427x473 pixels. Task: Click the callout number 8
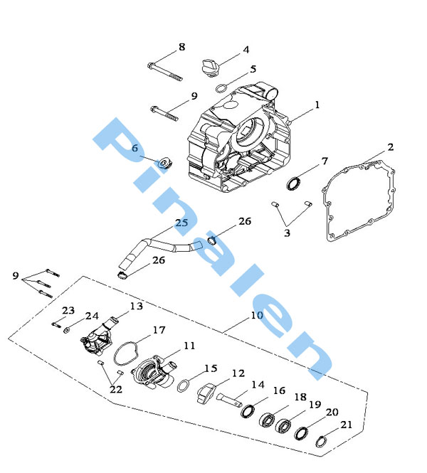coord(181,47)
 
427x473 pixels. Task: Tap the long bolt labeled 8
coord(165,72)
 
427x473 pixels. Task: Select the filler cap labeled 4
coord(211,68)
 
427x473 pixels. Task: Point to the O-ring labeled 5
coord(221,88)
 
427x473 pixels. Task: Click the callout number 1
coord(317,105)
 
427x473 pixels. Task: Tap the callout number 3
coord(287,233)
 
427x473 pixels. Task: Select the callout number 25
coord(181,223)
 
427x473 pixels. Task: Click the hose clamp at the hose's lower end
coord(122,275)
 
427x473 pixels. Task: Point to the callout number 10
coord(257,316)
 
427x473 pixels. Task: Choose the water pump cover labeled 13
coord(97,338)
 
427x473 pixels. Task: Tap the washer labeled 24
coord(66,330)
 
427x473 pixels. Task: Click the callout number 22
coord(116,390)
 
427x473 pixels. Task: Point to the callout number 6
coord(135,148)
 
